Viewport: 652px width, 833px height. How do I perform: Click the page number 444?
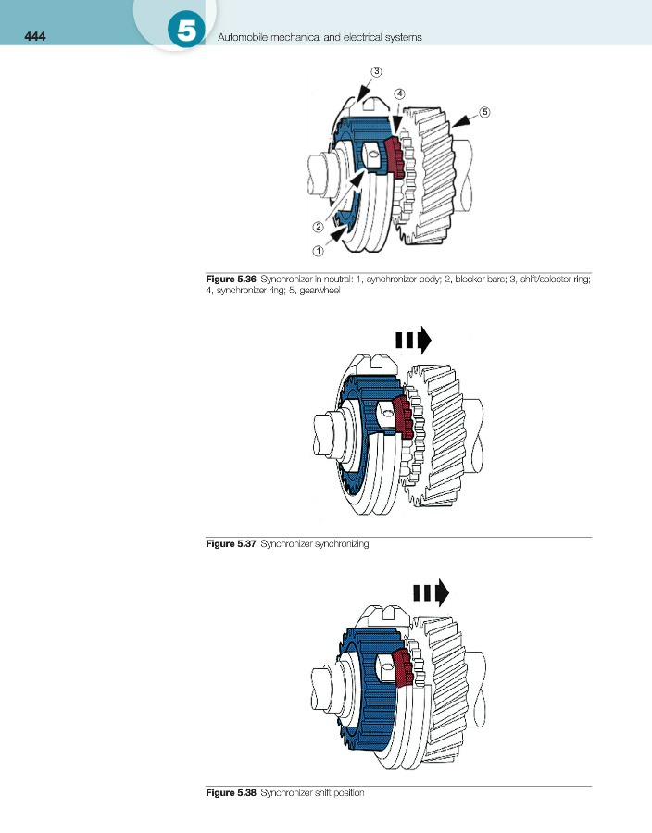point(21,37)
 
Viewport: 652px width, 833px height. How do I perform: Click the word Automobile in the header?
point(243,38)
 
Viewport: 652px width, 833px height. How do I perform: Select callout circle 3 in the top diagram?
point(377,70)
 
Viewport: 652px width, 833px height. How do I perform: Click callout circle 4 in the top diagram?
point(399,93)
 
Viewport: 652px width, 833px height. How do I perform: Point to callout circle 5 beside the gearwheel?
point(484,111)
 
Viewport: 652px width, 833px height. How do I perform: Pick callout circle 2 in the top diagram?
point(318,226)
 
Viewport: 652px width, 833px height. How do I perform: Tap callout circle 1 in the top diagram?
point(317,250)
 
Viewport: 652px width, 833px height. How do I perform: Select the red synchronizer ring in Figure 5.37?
point(404,416)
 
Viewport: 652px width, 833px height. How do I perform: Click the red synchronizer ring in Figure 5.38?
point(403,668)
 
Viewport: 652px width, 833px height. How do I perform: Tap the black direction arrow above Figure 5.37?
point(414,340)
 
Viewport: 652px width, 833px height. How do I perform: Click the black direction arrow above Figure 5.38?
point(432,591)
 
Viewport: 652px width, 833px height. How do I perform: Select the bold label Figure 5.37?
point(230,544)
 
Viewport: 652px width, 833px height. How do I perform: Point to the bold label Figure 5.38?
point(230,792)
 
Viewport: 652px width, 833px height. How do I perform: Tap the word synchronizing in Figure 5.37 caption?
point(344,544)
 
